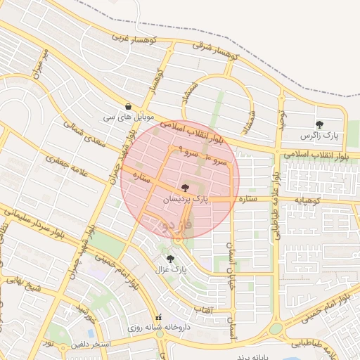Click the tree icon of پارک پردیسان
[x=185, y=188]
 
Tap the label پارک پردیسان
[x=186, y=200]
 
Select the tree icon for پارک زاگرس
[x=320, y=125]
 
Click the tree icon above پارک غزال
[x=169, y=259]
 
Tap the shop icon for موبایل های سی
[x=127, y=105]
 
